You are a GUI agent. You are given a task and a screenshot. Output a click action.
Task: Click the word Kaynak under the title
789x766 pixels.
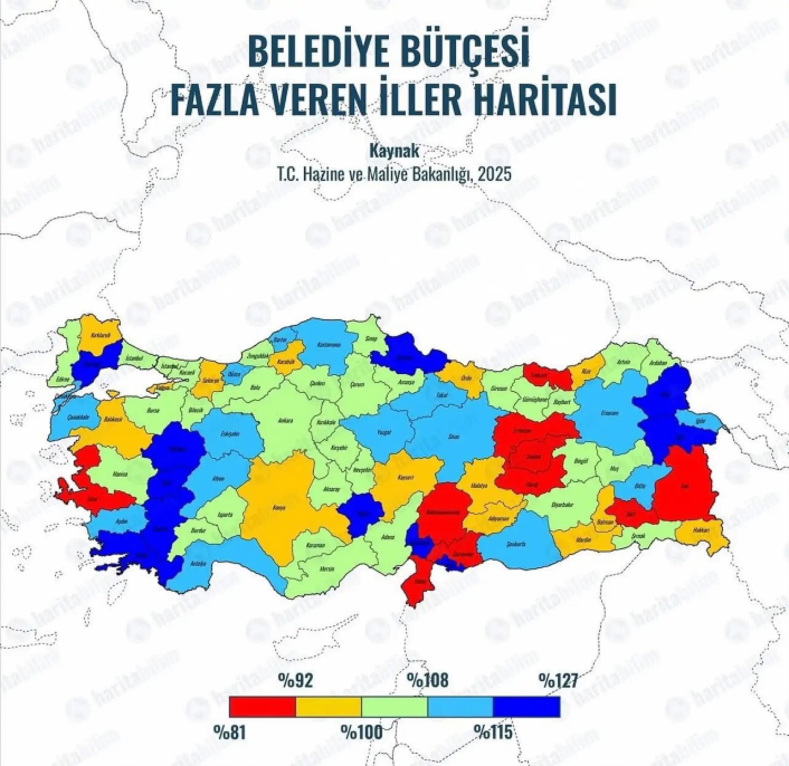point(394,151)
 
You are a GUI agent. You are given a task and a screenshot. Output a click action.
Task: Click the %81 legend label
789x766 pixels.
point(230,732)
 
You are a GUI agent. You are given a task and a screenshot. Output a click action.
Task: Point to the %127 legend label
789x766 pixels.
point(558,680)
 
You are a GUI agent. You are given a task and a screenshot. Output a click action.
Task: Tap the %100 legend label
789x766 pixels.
point(361,732)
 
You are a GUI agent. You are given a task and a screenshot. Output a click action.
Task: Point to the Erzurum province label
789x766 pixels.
point(610,413)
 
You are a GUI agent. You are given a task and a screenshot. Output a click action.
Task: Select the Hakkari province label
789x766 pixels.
point(702,530)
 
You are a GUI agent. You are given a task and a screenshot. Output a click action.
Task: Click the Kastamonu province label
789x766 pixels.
point(328,345)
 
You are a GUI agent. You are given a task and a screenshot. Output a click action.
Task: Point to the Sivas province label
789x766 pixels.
point(454,436)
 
